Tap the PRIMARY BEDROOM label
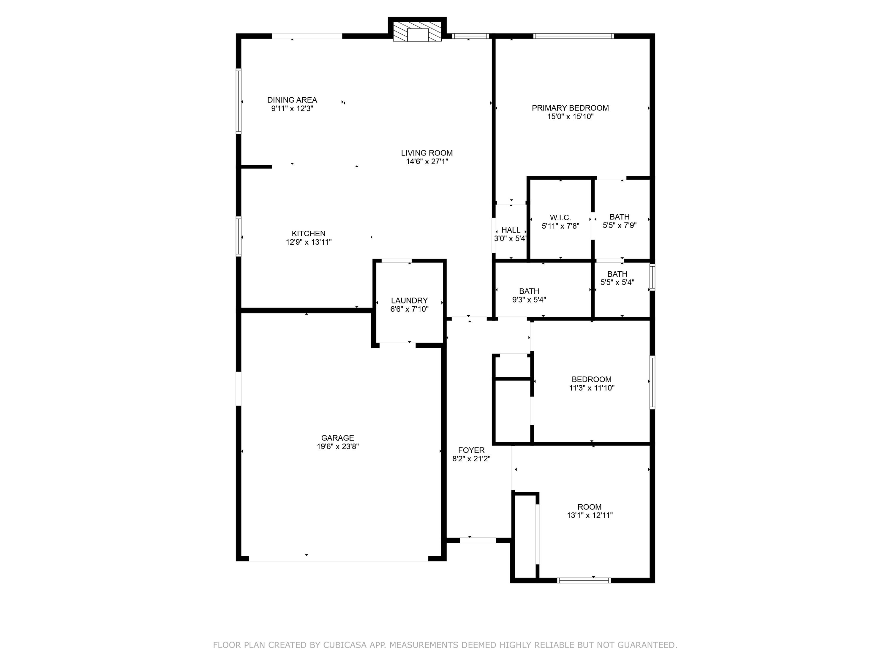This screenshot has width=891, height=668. tap(570, 108)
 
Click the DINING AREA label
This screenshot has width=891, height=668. tap(292, 100)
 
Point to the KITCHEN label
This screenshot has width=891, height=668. tap(309, 234)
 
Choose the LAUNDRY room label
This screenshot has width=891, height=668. tap(409, 300)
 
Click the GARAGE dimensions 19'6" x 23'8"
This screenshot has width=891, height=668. tap(338, 446)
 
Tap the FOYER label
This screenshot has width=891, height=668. tap(471, 450)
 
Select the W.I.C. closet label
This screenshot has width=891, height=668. tap(560, 217)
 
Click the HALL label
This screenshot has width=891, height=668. tap(511, 230)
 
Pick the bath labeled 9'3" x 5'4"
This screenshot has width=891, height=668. tap(529, 295)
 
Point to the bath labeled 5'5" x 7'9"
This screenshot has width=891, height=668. tap(619, 221)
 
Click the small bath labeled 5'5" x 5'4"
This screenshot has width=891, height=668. tap(617, 278)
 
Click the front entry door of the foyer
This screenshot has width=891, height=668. tap(478, 540)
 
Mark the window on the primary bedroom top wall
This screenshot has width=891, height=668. tap(573, 36)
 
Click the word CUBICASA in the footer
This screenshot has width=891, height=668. tap(345, 645)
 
